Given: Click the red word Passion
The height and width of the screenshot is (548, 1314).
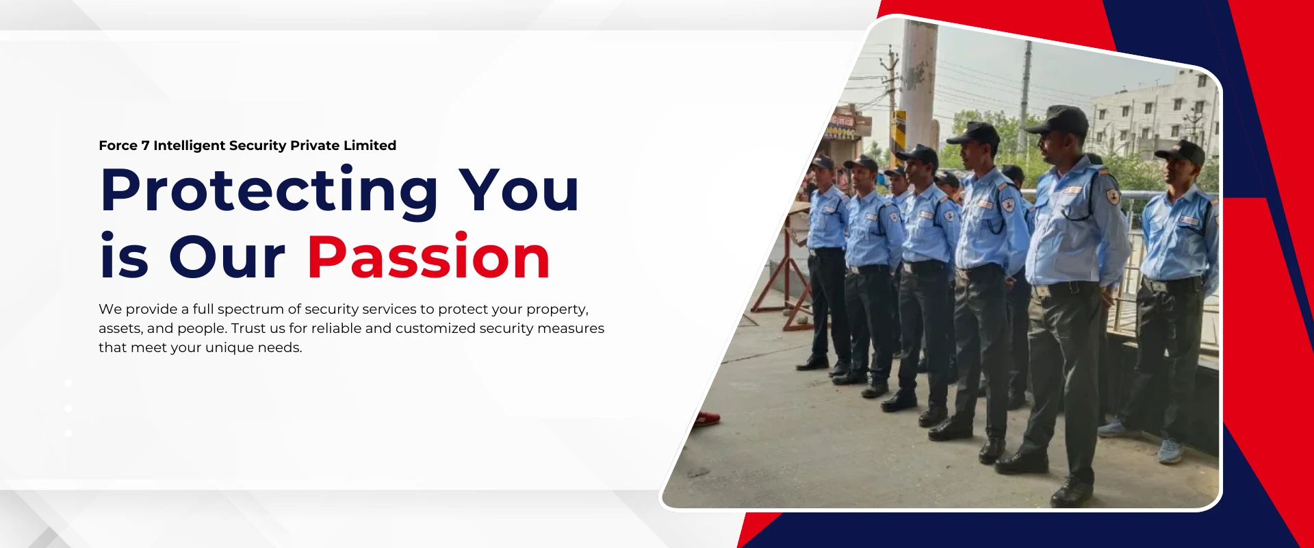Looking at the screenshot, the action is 429,257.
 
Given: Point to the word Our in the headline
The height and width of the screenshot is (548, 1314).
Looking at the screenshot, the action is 227,258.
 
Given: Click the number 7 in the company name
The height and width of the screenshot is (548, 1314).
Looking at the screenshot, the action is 145,145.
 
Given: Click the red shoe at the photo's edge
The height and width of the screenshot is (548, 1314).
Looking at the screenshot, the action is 707,418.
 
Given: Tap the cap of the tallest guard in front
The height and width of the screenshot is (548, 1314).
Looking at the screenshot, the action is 1058,120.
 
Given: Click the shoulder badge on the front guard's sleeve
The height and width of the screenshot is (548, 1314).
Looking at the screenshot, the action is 1113,197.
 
